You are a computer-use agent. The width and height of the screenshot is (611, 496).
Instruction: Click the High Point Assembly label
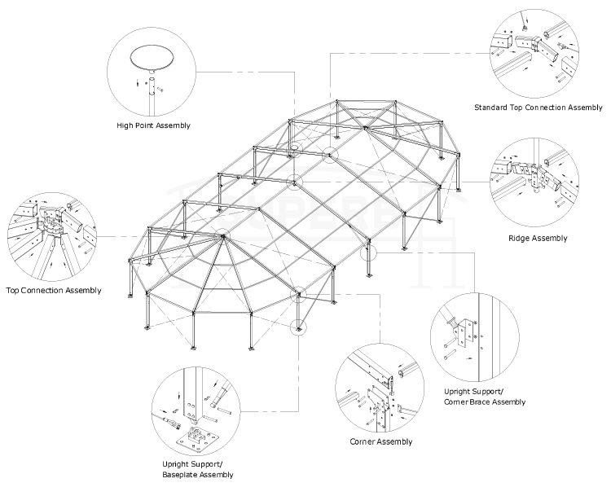click(153, 125)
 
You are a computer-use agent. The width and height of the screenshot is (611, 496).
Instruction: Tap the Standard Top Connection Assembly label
click(538, 108)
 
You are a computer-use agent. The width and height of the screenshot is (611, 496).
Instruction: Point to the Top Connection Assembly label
click(53, 290)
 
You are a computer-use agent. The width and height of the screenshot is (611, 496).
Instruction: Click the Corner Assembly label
click(380, 441)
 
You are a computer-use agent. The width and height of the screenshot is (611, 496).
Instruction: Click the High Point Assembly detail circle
click(153, 69)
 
